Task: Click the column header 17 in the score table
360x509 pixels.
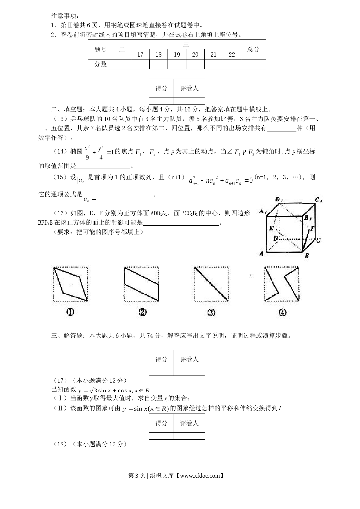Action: (x=140, y=55)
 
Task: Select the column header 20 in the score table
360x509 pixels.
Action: (x=195, y=55)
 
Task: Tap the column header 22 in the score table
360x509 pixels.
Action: (x=232, y=55)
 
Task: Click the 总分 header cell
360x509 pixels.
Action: (x=253, y=50)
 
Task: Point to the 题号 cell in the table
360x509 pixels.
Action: (x=100, y=50)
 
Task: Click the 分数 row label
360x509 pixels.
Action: (x=100, y=64)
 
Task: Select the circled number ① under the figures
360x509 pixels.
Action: (x=70, y=312)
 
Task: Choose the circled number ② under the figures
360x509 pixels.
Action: (x=142, y=312)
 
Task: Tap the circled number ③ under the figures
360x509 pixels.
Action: (x=211, y=313)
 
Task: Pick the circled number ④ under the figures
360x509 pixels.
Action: (x=282, y=313)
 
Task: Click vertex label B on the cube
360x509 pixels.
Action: (x=307, y=256)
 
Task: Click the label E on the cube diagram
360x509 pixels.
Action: (x=271, y=228)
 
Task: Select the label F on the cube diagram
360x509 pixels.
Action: (x=312, y=228)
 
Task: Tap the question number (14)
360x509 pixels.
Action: (x=60, y=151)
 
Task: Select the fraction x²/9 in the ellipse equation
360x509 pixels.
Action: (x=87, y=152)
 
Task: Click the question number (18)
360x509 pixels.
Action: (x=60, y=444)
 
